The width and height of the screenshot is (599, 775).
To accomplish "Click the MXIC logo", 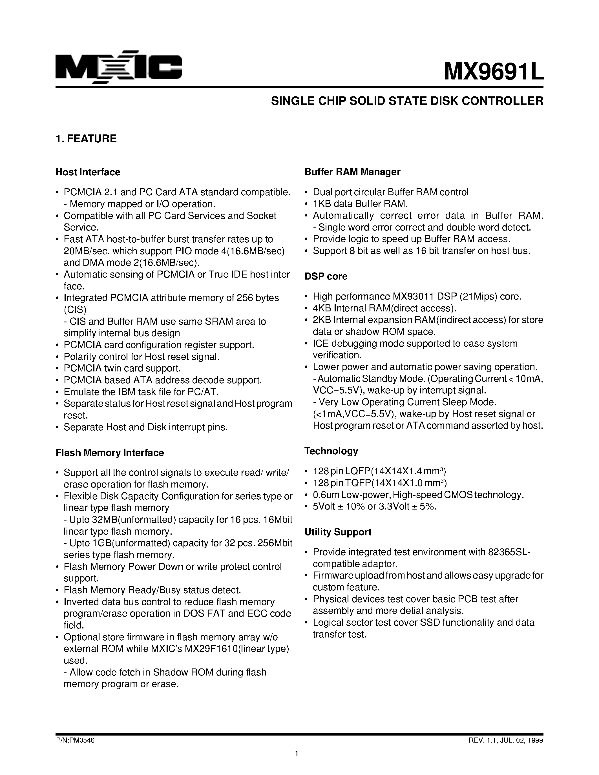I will pyautogui.click(x=119, y=67).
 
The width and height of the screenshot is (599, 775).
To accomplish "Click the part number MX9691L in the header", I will pyautogui.click(x=493, y=71).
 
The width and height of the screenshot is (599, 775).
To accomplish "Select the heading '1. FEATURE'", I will pyautogui.click(x=86, y=139).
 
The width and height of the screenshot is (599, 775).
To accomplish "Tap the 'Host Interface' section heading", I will pyautogui.click(x=88, y=172).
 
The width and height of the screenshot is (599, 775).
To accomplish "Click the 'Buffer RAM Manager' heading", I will pyautogui.click(x=352, y=172).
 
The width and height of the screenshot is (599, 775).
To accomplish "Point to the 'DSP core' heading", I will pyautogui.click(x=326, y=276).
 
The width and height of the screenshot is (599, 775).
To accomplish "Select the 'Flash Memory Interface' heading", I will pyautogui.click(x=110, y=453).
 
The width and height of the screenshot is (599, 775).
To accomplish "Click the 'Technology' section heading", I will pyautogui.click(x=331, y=451).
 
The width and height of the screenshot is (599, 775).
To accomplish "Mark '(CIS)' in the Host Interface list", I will pyautogui.click(x=75, y=310).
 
